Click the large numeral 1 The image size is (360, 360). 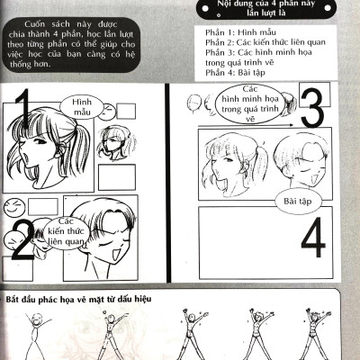point(22,108)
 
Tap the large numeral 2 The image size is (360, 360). point(22,240)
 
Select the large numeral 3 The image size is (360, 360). point(312,108)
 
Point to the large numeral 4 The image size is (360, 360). point(313,238)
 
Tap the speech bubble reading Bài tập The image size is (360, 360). point(298,201)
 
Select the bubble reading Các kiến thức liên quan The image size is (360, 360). point(66,232)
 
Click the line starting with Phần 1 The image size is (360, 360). point(240,32)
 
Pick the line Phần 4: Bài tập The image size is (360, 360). point(235,72)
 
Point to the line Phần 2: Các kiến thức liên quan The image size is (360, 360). point(265,42)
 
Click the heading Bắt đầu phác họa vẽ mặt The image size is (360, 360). point(78,299)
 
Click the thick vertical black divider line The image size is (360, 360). point(169,183)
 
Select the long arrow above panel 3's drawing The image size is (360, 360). point(246,125)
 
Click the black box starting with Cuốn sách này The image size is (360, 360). point(71,44)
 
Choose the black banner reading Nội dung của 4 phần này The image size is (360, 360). point(265,8)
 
